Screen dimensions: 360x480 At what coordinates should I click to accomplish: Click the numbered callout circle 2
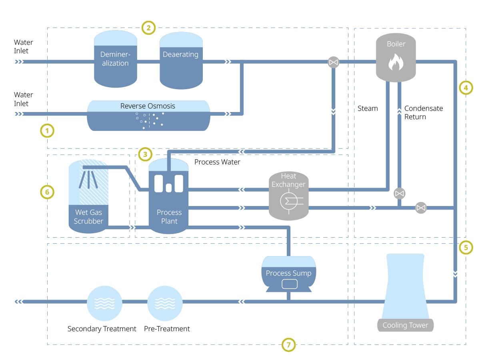(x=148, y=28)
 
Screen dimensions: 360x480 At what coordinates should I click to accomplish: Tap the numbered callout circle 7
(x=288, y=344)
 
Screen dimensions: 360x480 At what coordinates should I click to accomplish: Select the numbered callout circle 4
(x=466, y=87)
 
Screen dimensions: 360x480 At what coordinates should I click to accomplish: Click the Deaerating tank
(x=180, y=60)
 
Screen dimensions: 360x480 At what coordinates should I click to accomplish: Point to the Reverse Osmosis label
(x=148, y=106)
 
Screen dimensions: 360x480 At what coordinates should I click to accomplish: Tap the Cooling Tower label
(x=405, y=325)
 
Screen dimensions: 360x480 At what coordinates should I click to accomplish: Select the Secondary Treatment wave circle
(x=104, y=303)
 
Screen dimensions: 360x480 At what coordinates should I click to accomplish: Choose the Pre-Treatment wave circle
(x=165, y=303)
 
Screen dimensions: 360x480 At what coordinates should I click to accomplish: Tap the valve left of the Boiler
(x=333, y=62)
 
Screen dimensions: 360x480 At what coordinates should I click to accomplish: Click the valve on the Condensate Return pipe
(x=399, y=194)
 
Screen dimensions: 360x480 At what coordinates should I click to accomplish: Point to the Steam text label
(x=368, y=108)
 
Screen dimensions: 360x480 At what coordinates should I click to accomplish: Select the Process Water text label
(x=217, y=162)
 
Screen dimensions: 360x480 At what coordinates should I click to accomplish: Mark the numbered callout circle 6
(x=47, y=192)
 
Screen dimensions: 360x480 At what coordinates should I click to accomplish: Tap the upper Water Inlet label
(x=24, y=46)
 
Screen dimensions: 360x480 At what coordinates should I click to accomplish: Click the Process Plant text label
(x=169, y=216)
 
